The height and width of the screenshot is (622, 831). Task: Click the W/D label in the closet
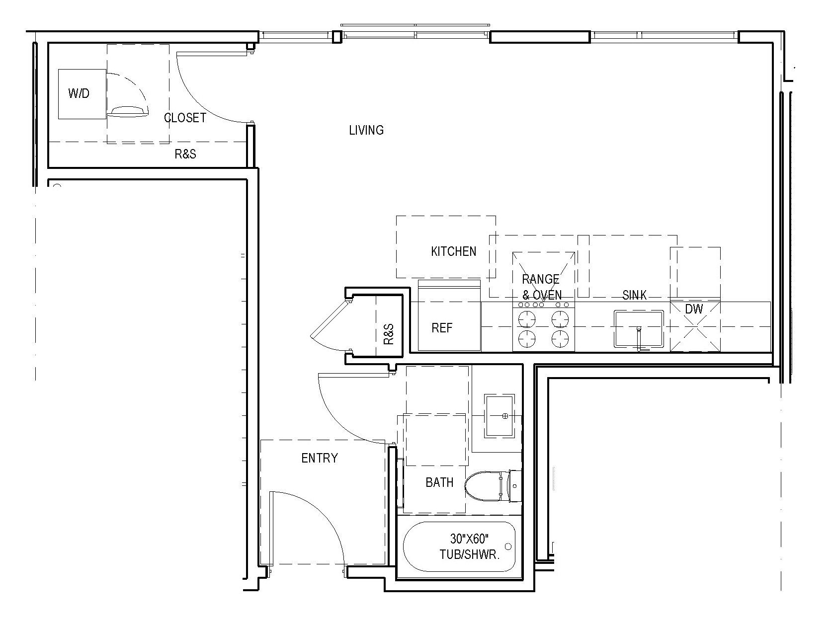pyautogui.click(x=79, y=93)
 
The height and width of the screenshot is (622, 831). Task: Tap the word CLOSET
pyautogui.click(x=185, y=118)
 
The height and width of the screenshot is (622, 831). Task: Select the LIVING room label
pyautogui.click(x=366, y=130)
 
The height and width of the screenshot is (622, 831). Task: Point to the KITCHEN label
pyautogui.click(x=453, y=251)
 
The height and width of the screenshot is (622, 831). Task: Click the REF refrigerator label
pyautogui.click(x=442, y=328)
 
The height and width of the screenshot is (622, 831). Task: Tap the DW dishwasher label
pyautogui.click(x=694, y=309)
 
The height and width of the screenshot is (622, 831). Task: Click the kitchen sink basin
pyautogui.click(x=639, y=328)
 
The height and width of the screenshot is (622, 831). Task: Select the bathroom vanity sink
pyautogui.click(x=499, y=416)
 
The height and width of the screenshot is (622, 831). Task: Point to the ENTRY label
pyautogui.click(x=320, y=458)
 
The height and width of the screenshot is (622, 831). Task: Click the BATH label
pyautogui.click(x=439, y=482)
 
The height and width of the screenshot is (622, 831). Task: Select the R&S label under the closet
pyautogui.click(x=185, y=155)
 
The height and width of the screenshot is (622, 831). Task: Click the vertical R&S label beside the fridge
pyautogui.click(x=389, y=334)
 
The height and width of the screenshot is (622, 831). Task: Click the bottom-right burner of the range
pyautogui.click(x=560, y=338)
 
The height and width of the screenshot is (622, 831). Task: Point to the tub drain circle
pyautogui.click(x=508, y=546)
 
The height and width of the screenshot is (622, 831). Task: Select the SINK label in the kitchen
pyautogui.click(x=634, y=295)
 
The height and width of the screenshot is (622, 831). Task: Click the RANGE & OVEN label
pyautogui.click(x=542, y=287)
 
